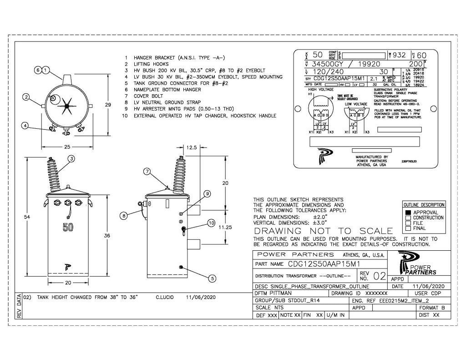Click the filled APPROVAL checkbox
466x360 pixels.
coord(408,213)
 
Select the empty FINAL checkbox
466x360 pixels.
coord(408,228)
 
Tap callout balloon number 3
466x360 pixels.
coord(71,158)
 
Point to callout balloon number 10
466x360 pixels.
coord(211,223)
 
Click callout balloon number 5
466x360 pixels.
coord(212,278)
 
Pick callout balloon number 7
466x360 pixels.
coord(147,172)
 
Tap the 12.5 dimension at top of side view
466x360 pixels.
coord(192,147)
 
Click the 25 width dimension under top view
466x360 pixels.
coord(67,147)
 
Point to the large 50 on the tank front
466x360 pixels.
coord(68,228)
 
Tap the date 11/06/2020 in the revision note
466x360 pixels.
coord(201,297)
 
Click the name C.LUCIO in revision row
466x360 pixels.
coord(166,297)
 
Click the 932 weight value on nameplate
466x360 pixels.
coord(399,55)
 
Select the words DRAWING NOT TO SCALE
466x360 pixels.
coord(323,231)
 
